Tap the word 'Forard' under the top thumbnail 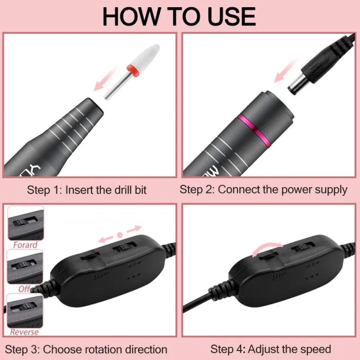(24, 245)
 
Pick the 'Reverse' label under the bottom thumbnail (24, 332)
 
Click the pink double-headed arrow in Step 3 (120, 234)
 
